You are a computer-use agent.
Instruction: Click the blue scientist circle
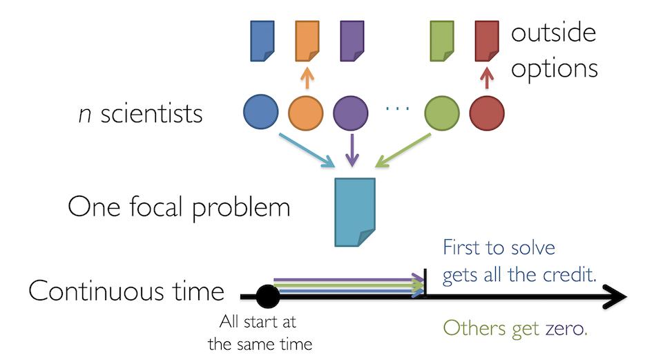pos(261,111)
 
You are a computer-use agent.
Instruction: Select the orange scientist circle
pos(306,111)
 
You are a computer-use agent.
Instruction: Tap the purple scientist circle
pos(351,111)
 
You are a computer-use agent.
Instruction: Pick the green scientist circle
pos(442,111)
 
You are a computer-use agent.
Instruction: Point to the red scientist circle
pos(487,111)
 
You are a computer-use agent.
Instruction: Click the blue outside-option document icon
pos(262,41)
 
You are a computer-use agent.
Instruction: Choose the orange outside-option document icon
pos(307,41)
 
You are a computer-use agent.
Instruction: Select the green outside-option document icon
pos(442,41)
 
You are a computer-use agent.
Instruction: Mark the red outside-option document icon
pos(488,41)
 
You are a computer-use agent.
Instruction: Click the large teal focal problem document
pos(355,211)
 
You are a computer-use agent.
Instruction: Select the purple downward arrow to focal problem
pos(352,150)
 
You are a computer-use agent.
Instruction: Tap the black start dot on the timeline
pos(267,297)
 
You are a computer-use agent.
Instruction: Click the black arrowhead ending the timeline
pos(615,297)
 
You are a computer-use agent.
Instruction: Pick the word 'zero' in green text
pos(564,328)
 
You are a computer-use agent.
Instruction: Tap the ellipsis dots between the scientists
pos(396,111)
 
